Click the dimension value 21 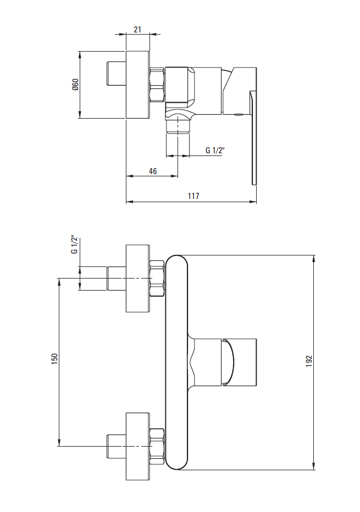click(137, 29)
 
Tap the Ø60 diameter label click(75, 85)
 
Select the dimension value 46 click(153, 171)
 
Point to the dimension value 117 click(193, 196)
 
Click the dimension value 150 click(54, 359)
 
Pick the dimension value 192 click(309, 361)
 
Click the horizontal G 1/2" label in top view click(215, 150)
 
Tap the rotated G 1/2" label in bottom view click(75, 244)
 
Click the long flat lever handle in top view click(253, 138)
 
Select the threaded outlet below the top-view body click(178, 126)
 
